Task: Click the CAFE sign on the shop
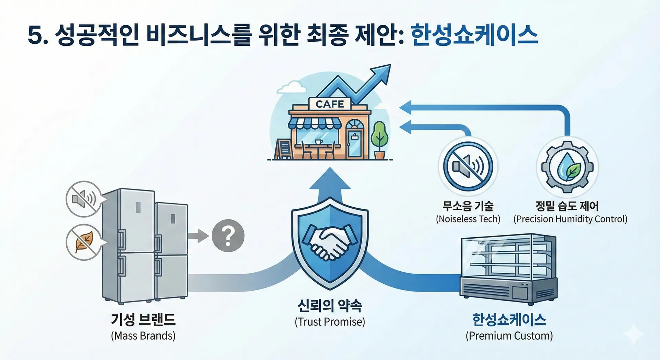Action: point(330,104)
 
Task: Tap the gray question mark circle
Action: point(228,236)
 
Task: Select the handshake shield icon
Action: point(330,242)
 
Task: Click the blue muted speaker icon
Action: point(468,166)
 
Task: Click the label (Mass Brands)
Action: point(143,336)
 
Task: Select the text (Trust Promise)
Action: point(330,322)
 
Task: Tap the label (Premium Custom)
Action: point(509,336)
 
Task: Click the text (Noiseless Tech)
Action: point(468,219)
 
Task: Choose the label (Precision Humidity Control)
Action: point(570,219)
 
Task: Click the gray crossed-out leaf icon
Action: point(84,242)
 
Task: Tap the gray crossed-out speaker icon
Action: point(84,199)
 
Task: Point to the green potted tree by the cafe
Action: point(379,139)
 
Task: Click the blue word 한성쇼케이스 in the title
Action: point(474,35)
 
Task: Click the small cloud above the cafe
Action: point(291,87)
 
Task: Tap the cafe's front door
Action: point(354,143)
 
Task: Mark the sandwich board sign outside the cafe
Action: point(284,149)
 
